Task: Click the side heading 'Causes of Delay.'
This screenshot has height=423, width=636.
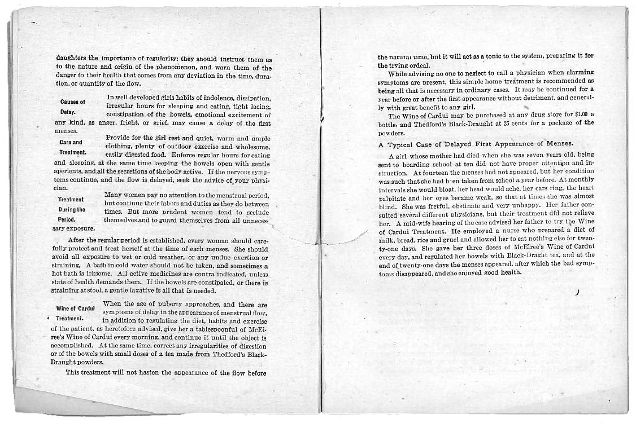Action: pos(72,107)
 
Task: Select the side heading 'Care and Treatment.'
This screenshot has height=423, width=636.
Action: pos(72,147)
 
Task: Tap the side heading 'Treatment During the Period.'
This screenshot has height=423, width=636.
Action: pos(72,209)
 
